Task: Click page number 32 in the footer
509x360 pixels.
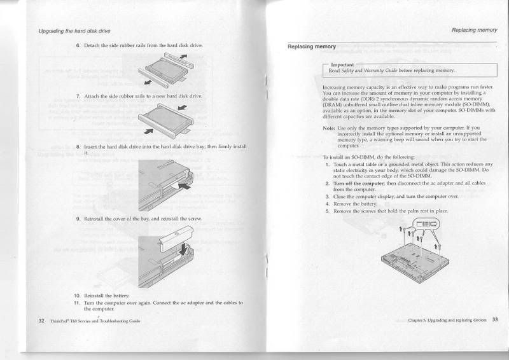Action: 41,321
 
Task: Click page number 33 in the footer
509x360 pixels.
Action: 495,319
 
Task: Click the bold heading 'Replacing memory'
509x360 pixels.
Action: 312,46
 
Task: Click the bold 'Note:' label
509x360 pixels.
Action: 330,128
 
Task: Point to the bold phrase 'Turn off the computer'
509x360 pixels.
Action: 358,183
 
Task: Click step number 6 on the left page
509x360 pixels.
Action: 78,46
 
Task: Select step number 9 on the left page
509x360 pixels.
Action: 78,219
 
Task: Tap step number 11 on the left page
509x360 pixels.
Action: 78,302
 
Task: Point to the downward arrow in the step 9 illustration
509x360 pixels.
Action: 185,249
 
